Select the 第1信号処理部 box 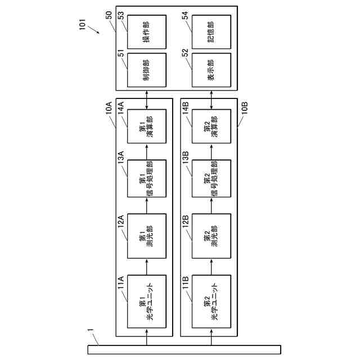point(147,179)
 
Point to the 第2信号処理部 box point(211,179)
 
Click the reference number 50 point(109,14)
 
